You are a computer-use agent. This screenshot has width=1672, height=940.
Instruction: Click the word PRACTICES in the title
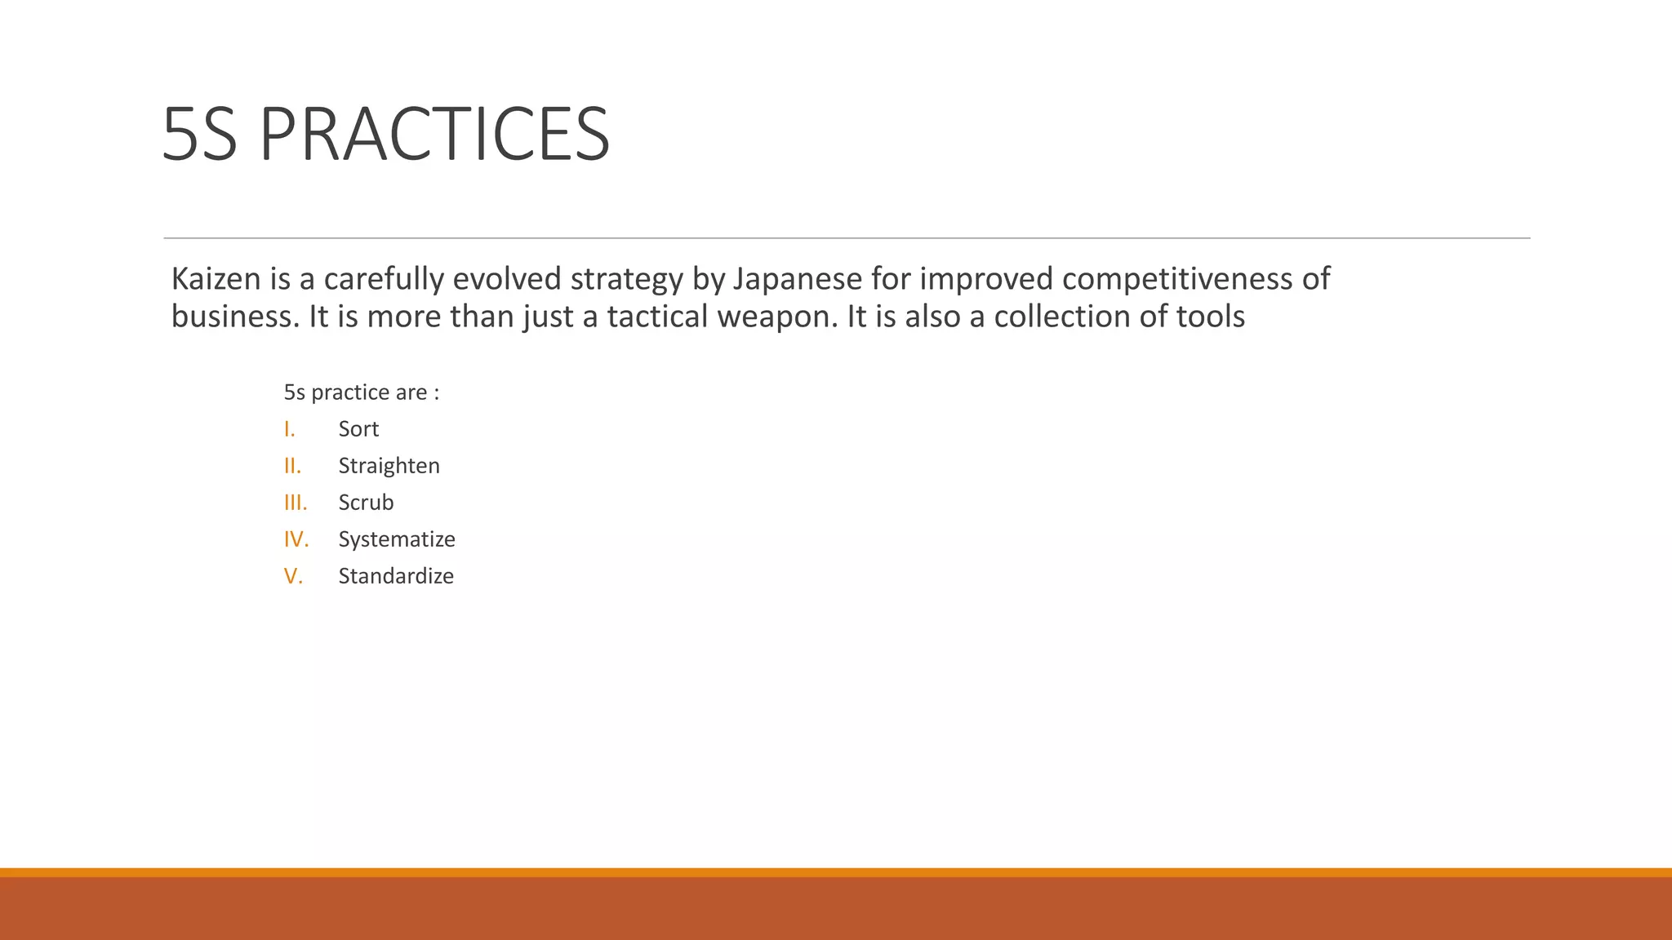434,135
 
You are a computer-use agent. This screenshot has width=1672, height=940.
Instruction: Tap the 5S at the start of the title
199,135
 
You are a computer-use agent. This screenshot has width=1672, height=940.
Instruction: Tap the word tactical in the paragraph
657,317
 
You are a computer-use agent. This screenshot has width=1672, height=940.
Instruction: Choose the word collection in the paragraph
1061,317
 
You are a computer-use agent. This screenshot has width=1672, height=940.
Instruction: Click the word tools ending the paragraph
1211,317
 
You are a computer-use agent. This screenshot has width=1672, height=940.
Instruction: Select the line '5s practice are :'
361,392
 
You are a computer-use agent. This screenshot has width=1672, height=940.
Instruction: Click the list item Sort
358,429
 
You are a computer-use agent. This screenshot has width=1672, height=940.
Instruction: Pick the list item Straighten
389,466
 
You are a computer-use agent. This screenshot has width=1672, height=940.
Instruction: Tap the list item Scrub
366,503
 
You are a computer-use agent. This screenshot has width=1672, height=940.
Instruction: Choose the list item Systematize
397,539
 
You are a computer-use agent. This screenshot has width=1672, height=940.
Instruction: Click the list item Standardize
396,576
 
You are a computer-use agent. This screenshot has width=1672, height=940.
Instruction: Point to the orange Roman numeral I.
289,429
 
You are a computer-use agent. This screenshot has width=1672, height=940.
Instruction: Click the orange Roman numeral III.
296,503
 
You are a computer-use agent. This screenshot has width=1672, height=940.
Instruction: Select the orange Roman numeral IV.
296,539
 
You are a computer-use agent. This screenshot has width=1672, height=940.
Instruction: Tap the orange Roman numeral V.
293,576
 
